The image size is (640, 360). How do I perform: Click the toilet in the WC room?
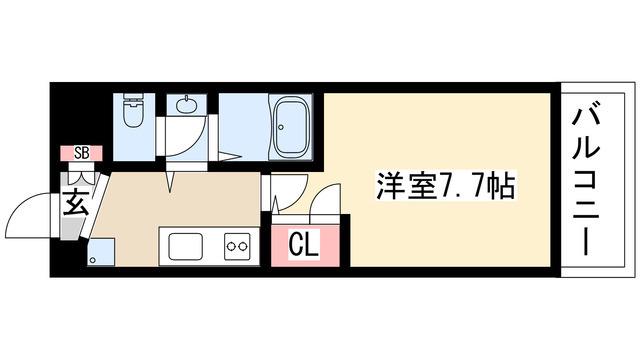point(133,111)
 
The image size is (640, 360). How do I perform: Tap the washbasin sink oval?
point(187,105)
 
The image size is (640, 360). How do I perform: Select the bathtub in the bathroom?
point(290,125)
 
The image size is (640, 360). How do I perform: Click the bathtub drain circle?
point(281,127)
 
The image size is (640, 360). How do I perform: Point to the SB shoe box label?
point(82,153)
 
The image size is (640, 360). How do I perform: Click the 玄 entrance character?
point(76,202)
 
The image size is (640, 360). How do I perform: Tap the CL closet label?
point(304,245)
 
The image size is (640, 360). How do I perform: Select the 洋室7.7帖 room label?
point(445,185)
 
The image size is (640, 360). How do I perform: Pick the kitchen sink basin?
point(186,246)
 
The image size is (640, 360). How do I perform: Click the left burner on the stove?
point(231,246)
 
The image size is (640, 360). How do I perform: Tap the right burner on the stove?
point(242,246)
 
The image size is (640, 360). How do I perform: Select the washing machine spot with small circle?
point(100,253)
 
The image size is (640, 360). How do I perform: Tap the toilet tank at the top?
point(133,98)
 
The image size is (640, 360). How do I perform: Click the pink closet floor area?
point(305,246)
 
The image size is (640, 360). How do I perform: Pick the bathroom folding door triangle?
point(228,156)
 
